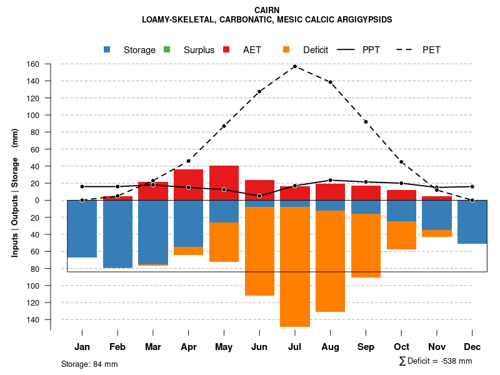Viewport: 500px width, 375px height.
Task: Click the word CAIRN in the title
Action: (x=267, y=10)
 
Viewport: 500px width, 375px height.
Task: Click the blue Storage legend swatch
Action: (x=107, y=49)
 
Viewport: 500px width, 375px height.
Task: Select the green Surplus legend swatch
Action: (x=167, y=49)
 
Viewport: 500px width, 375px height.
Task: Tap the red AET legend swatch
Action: (x=226, y=49)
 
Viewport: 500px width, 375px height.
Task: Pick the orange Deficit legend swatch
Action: (x=286, y=49)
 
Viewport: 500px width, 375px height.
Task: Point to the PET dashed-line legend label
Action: (x=431, y=49)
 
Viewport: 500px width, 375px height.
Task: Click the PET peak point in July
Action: (x=295, y=66)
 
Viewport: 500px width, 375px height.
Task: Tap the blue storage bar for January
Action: (x=82, y=229)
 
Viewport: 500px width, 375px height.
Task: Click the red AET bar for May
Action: (x=224, y=183)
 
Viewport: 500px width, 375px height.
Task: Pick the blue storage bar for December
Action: (x=472, y=222)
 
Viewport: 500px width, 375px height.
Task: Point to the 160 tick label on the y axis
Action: (x=33, y=64)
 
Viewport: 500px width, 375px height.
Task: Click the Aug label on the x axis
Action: (x=331, y=347)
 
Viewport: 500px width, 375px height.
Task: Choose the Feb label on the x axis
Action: (x=117, y=347)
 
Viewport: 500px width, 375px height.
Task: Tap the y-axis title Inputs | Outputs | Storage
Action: (x=14, y=192)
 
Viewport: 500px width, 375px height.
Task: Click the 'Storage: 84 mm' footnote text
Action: (x=89, y=364)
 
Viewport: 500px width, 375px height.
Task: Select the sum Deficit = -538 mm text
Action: (x=435, y=361)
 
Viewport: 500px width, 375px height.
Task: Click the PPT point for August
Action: (x=331, y=180)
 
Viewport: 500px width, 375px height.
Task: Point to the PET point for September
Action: (x=366, y=122)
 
